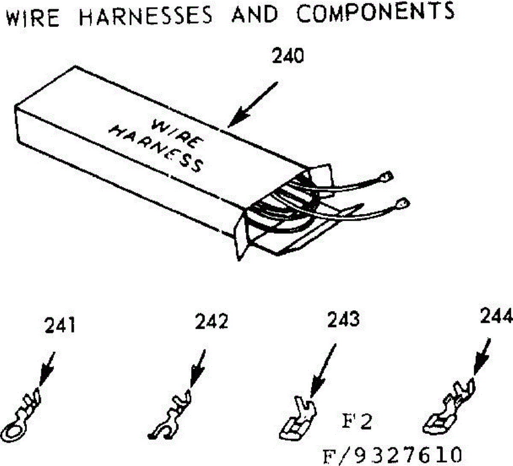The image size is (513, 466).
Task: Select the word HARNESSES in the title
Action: (146, 15)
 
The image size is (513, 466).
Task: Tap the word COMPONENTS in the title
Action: (376, 12)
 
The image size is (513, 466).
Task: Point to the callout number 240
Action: (287, 56)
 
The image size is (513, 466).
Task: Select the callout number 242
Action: (211, 322)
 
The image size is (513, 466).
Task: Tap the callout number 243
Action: (343, 320)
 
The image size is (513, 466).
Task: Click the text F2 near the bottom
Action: (358, 421)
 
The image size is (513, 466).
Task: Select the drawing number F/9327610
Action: (392, 454)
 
